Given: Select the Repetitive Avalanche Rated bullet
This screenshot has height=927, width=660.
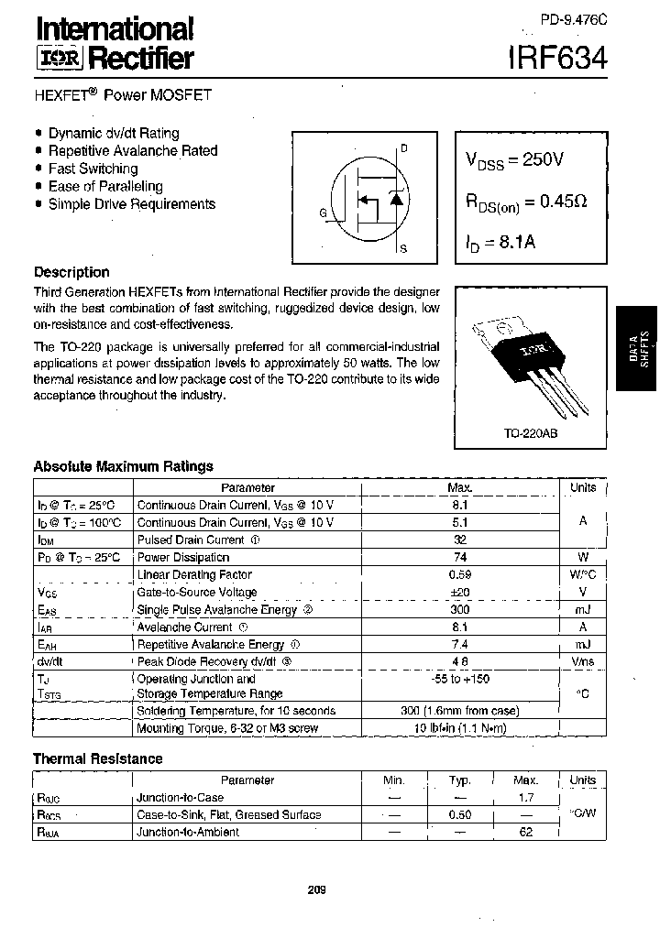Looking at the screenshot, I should click(132, 150).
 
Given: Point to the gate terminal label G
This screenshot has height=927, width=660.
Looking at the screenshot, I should click(323, 213).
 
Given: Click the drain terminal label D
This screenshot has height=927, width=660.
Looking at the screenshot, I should click(404, 148).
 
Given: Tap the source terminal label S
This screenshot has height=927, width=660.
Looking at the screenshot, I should click(404, 248).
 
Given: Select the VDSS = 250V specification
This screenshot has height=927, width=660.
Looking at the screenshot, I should click(514, 160).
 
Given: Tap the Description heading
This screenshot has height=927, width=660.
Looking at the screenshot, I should click(71, 272).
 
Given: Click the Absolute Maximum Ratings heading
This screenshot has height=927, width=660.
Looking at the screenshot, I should click(123, 466).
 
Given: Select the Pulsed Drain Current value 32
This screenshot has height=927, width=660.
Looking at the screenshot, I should click(459, 540).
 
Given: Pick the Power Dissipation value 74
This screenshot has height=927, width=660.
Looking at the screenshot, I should click(459, 557).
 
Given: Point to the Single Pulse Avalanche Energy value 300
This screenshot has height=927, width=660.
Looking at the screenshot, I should click(459, 610).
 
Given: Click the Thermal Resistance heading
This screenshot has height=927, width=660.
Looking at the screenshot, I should click(97, 758).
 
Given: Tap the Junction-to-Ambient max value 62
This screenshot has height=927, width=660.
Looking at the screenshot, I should click(525, 832).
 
